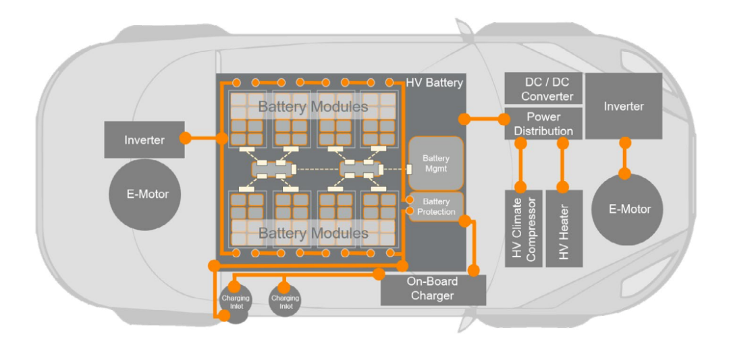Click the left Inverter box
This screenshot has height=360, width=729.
pyautogui.click(x=144, y=140)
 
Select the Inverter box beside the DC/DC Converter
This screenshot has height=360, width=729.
pyautogui.click(x=623, y=106)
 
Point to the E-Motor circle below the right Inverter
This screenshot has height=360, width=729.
pyautogui.click(x=629, y=209)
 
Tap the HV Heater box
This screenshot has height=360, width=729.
pyautogui.click(x=564, y=228)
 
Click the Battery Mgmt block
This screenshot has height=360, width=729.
pyautogui.click(x=436, y=163)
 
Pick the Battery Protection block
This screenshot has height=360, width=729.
pyautogui.click(x=436, y=207)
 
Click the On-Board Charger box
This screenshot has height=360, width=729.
pyautogui.click(x=433, y=289)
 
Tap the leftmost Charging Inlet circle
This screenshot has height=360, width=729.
pyautogui.click(x=235, y=302)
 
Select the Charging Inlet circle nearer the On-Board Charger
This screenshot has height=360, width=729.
pyautogui.click(x=286, y=302)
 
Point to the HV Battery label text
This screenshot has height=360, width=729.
pyautogui.click(x=435, y=83)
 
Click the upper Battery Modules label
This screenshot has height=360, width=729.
pyautogui.click(x=313, y=107)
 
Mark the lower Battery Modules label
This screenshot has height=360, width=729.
pyautogui.click(x=313, y=234)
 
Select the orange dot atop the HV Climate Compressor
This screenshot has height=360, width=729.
pyautogui.click(x=520, y=186)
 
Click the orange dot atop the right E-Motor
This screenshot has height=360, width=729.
pyautogui.click(x=625, y=174)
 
